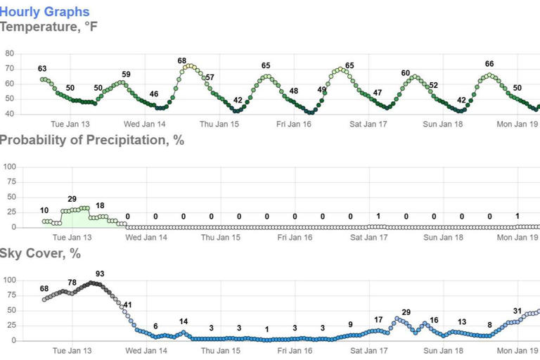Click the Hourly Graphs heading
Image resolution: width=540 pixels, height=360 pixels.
tap(45, 11)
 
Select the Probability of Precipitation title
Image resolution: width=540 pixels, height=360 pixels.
tap(91, 140)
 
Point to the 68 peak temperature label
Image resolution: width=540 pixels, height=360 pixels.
tap(181, 61)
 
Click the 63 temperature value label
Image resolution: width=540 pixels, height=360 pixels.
tap(42, 69)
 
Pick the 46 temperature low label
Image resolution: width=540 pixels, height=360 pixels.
tap(154, 94)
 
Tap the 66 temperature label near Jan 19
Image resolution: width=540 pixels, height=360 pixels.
tap(489, 65)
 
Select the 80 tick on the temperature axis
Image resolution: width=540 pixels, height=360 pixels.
tap(9, 53)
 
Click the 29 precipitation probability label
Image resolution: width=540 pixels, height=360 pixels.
tap(72, 200)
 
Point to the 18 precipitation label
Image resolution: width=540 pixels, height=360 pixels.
tap(100, 205)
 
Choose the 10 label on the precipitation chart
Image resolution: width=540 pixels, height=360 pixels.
tap(44, 211)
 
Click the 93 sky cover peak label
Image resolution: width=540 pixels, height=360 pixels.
tap(100, 274)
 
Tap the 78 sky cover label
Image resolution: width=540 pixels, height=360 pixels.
tap(72, 283)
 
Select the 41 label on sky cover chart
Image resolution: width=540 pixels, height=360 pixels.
tap(127, 305)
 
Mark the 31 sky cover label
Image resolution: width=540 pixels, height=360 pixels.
tap(517, 311)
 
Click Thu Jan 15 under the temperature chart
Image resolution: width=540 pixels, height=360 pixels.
tap(219, 124)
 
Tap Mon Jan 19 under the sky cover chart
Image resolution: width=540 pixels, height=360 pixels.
tap(517, 351)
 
